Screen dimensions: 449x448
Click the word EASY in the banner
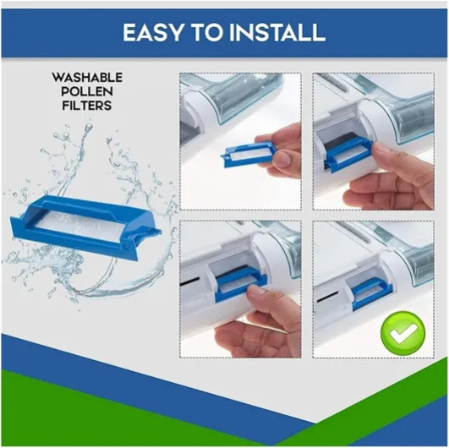[x=152, y=32]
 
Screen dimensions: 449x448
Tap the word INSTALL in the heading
[x=277, y=32]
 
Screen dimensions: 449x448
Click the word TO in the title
[x=205, y=32]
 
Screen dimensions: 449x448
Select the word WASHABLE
[x=87, y=77]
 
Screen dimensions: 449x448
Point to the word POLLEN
[x=87, y=91]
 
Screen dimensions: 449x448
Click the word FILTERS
[x=87, y=106]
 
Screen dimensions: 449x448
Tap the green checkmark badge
[x=402, y=333]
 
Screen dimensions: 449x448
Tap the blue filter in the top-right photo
[x=347, y=156]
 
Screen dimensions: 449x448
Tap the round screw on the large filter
[x=125, y=245]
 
